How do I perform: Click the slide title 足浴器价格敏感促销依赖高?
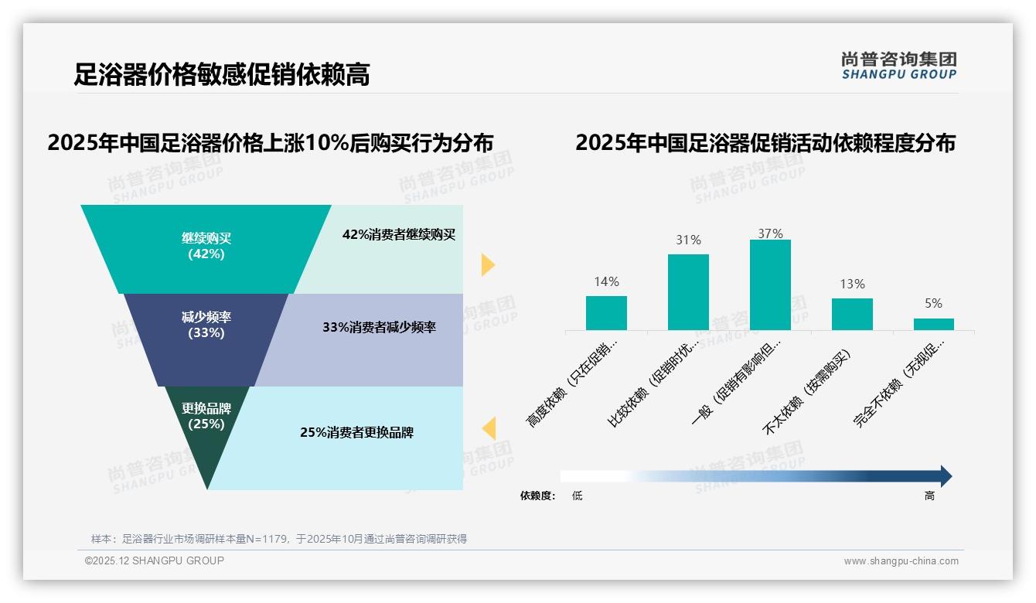coord(222,74)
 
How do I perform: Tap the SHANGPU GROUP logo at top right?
coord(898,66)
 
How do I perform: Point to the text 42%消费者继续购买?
coord(399,235)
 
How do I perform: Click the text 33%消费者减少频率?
coord(379,327)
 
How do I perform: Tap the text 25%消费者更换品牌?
coord(356,433)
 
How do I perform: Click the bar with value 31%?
coord(688,291)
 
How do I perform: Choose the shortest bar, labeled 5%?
coord(933,324)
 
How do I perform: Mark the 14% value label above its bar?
coord(606,282)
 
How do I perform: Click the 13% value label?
coord(852,284)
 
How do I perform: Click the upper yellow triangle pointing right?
coord(488,264)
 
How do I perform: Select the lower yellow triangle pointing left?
coord(489,428)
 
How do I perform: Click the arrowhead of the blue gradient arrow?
coord(946,476)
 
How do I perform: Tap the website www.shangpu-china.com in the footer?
coord(901,561)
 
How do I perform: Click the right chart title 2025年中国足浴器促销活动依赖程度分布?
coord(765,143)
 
